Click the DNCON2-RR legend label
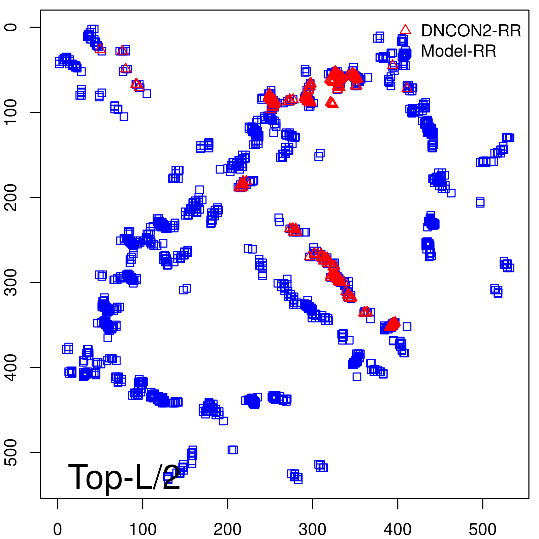point(471,31)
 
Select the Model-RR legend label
point(458,51)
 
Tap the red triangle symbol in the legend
point(405,30)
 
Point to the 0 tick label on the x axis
point(58,530)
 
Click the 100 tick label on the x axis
point(143,530)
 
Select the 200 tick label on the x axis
point(228,530)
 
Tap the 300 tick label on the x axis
point(313,530)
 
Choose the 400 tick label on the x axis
point(398,530)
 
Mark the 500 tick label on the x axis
point(483,530)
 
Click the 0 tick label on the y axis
point(11,27)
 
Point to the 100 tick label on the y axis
point(11,112)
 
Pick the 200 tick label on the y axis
point(11,197)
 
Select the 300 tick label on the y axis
point(11,282)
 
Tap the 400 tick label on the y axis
point(11,367)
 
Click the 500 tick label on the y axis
point(11,452)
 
